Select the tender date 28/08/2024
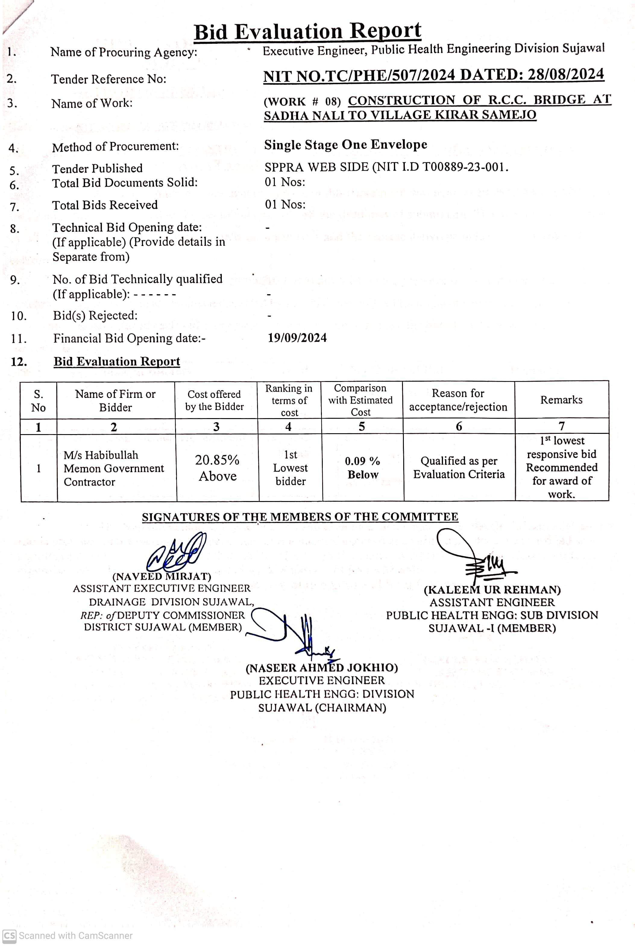click(566, 74)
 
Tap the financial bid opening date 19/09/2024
click(297, 338)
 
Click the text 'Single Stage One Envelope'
click(345, 145)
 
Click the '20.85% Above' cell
click(217, 468)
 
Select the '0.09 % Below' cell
click(363, 468)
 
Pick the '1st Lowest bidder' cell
click(290, 468)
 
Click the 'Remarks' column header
click(561, 400)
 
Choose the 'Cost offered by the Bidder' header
click(214, 400)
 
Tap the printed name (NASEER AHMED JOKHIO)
click(322, 668)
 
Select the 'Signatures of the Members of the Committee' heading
click(300, 517)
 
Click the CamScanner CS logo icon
click(9, 935)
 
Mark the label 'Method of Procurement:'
click(115, 146)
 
